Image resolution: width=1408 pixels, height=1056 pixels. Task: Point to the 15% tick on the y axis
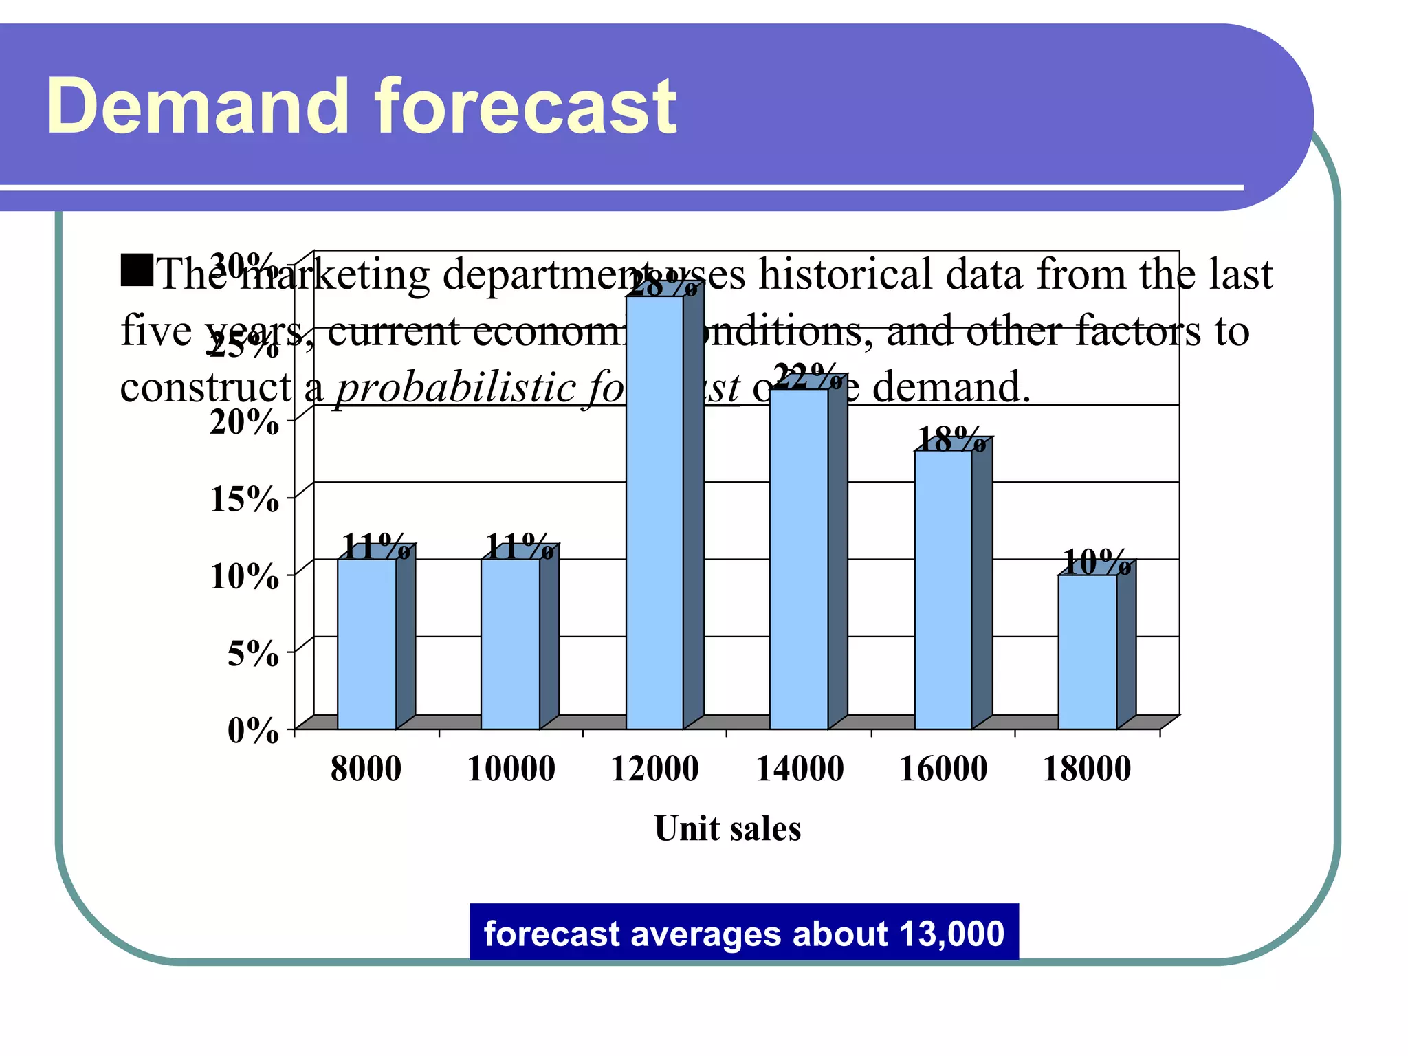tap(244, 499)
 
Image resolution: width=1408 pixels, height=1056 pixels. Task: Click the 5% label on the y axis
tap(252, 653)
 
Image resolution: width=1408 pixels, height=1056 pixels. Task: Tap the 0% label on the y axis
tap(252, 730)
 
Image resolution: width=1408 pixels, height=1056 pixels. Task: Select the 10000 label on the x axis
tap(511, 769)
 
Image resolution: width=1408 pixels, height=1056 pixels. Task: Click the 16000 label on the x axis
tap(943, 769)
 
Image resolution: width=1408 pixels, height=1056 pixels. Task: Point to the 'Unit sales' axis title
tap(727, 828)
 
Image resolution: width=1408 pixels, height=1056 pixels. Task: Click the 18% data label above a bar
tap(951, 439)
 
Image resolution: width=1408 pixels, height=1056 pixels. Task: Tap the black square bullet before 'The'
tap(137, 270)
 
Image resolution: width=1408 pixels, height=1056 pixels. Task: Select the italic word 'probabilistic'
tap(454, 388)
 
